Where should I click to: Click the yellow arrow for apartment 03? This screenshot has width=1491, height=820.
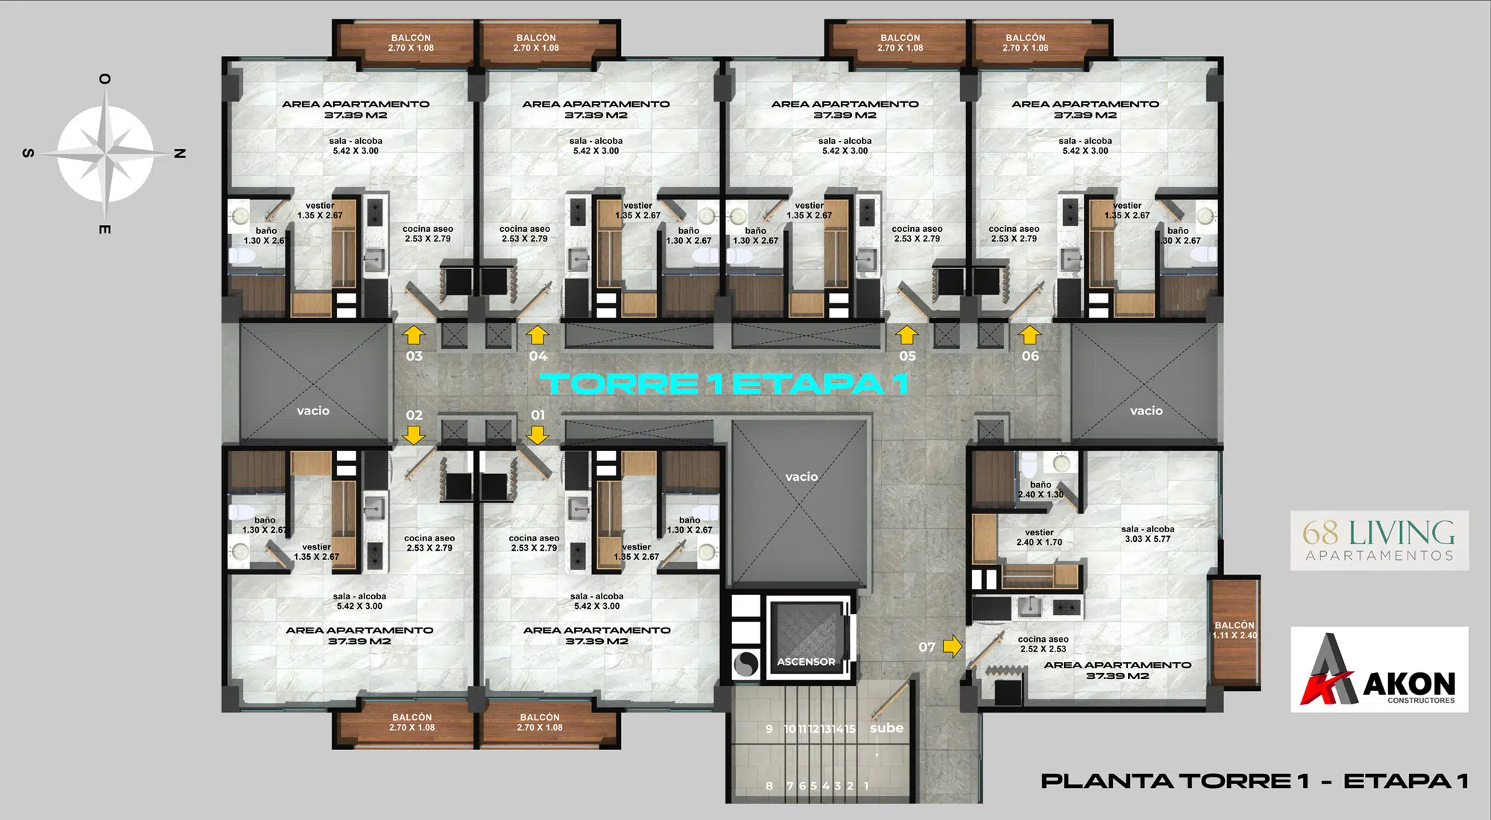pos(414,335)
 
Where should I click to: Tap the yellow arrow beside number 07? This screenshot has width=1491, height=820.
pos(953,646)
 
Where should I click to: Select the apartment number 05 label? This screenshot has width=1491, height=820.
pos(907,356)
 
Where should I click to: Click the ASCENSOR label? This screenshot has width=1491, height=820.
pos(806,661)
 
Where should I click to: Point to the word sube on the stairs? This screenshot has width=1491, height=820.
pos(886,728)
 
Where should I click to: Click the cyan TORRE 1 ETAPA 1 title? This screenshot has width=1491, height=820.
pos(725,383)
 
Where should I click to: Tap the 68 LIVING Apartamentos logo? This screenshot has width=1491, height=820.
pos(1379,540)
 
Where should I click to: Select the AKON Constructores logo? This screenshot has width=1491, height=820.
pos(1379,669)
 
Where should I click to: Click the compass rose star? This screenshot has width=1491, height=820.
pos(106,154)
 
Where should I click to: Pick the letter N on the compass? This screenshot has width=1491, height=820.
pos(180,154)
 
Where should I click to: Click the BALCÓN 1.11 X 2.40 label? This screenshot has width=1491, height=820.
pos(1235,630)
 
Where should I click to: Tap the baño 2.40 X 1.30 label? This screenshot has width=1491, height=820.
pos(1041,489)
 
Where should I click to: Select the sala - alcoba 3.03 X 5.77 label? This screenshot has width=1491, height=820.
pos(1147,534)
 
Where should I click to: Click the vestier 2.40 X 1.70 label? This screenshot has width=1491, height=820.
pos(1039,537)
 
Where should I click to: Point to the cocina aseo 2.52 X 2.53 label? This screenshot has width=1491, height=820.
pos(1043,644)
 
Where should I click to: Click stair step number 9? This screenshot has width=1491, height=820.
pos(769,729)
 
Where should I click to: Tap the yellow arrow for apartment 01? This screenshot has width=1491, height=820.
pos(538,434)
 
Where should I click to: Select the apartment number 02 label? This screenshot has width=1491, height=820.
pos(414,415)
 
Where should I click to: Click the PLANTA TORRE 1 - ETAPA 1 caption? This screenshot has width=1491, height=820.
pos(1255,781)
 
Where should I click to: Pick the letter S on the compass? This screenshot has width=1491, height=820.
pos(28,154)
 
